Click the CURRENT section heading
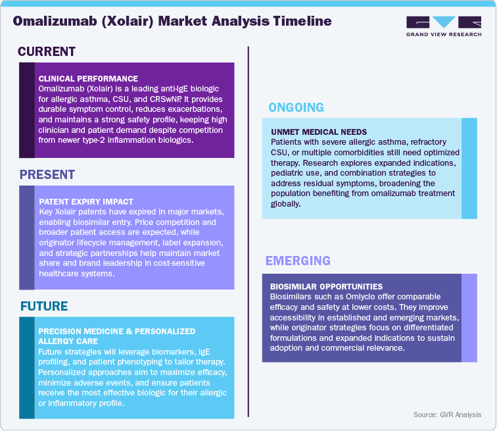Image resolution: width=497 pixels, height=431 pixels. tap(47, 52)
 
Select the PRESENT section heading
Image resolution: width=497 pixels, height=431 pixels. tap(47, 175)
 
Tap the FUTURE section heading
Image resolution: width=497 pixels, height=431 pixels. tap(45, 306)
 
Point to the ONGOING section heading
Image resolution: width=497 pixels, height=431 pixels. tap(296, 107)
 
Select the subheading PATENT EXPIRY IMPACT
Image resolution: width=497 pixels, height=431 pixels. tap(87, 202)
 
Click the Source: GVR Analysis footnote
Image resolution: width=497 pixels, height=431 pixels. tap(447, 415)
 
